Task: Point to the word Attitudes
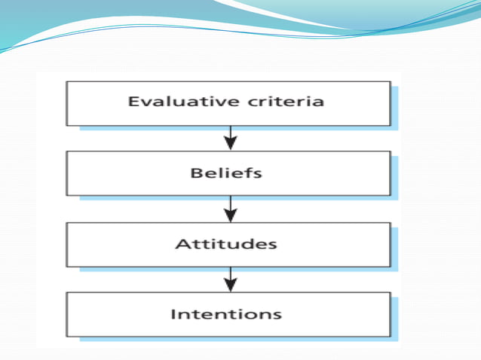click(x=226, y=244)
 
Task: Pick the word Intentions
click(x=226, y=313)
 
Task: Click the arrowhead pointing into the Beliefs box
click(x=231, y=142)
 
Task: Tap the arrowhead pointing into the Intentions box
click(x=231, y=284)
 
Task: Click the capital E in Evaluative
click(x=133, y=102)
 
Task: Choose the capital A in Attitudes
click(x=181, y=244)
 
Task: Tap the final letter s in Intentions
click(x=278, y=314)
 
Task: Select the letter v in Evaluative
click(x=144, y=102)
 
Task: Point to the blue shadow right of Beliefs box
click(x=394, y=178)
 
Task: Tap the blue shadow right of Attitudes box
click(x=394, y=249)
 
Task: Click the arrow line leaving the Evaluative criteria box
click(x=231, y=133)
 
